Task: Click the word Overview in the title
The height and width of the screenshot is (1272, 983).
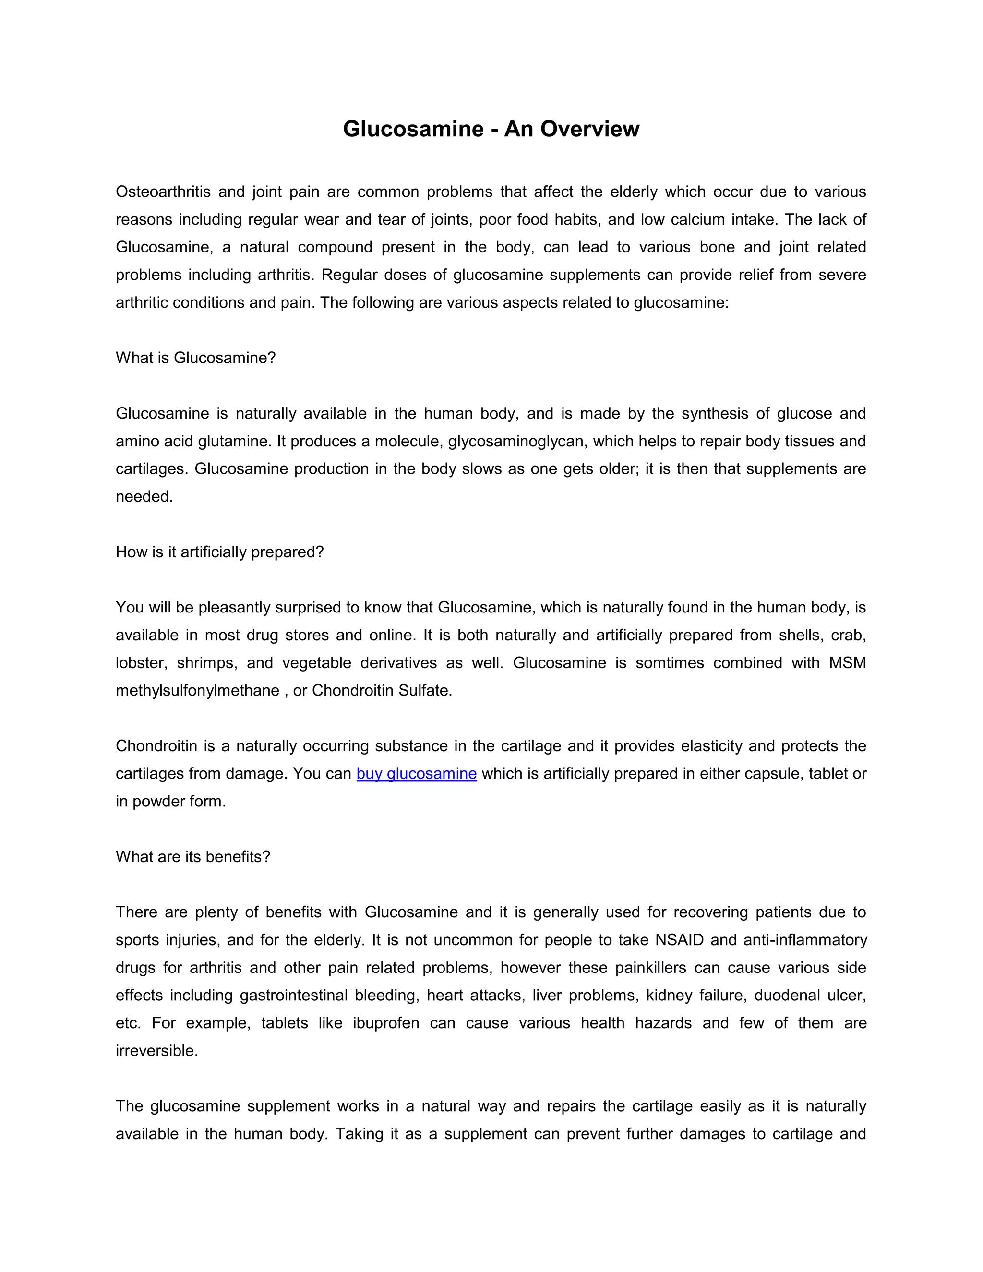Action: point(589,129)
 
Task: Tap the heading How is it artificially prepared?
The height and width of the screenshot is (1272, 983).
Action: point(219,552)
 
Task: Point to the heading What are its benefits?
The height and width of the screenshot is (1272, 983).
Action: point(193,857)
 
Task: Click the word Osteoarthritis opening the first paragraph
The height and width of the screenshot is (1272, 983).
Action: point(163,192)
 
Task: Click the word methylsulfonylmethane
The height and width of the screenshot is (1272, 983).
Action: point(197,690)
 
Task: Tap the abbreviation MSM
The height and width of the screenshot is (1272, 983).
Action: point(847,663)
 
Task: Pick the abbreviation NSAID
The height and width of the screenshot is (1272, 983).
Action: point(679,940)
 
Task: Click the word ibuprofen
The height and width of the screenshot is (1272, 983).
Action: point(385,1023)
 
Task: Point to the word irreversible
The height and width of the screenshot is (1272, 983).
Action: point(156,1051)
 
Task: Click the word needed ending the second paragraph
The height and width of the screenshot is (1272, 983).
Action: point(144,496)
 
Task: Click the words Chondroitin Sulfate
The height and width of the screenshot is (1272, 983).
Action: point(382,690)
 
